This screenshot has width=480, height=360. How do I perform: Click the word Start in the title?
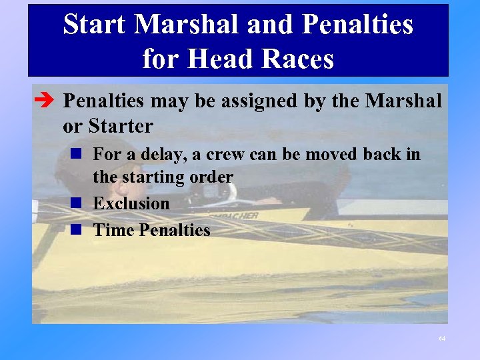pyautogui.click(x=95, y=25)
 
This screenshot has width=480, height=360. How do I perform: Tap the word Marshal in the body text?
pyautogui.click(x=404, y=101)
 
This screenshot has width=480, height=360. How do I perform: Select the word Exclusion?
pyautogui.click(x=131, y=203)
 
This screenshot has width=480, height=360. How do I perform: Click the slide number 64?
pyautogui.click(x=441, y=339)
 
